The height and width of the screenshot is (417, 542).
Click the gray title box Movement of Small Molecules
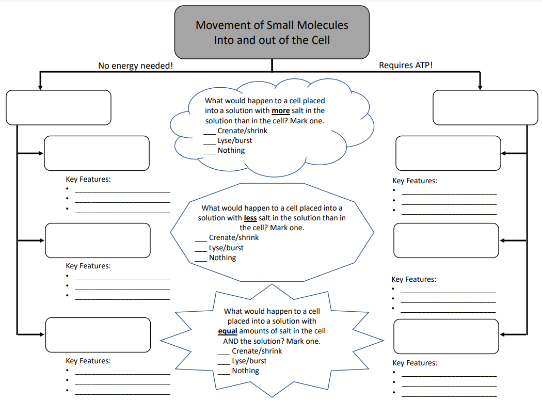tap(272, 32)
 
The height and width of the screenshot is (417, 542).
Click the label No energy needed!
tap(136, 66)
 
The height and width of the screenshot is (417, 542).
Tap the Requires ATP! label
tap(405, 66)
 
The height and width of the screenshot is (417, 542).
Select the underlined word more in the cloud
tap(280, 110)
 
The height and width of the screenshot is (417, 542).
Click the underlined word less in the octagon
tap(250, 218)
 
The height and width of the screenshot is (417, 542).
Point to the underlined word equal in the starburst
tap(228, 331)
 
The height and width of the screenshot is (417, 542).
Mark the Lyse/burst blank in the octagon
tap(201, 249)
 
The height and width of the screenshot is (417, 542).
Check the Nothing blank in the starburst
tap(224, 372)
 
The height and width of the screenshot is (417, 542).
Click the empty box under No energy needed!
tap(58, 107)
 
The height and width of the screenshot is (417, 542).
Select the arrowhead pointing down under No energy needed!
tap(40, 86)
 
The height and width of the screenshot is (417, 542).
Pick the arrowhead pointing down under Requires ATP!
tap(480, 86)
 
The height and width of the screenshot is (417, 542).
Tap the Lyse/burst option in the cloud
tap(234, 140)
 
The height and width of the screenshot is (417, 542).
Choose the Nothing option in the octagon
tap(222, 258)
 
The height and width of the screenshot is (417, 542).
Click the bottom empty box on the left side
tap(98, 335)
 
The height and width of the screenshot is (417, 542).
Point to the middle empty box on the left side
tap(98, 240)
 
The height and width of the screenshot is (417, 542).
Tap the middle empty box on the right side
tap(446, 240)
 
